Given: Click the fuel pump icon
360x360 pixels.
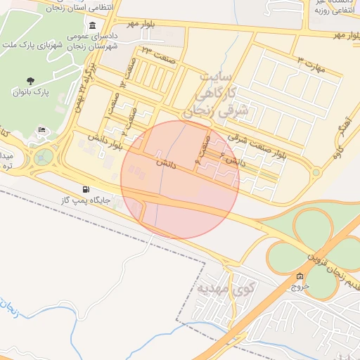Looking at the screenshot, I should coord(86,189).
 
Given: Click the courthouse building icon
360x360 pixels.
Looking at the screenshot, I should coord(93,25).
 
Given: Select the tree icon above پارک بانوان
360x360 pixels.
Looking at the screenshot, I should coord(30,81).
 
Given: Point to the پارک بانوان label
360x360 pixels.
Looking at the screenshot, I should coord(30,92).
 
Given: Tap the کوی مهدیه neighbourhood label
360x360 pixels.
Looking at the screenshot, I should coord(225,288).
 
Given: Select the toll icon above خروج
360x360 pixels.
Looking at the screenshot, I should coord(300,276).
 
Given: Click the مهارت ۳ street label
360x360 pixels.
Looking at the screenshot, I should coord(312,63).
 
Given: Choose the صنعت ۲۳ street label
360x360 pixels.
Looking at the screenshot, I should coord(156,49).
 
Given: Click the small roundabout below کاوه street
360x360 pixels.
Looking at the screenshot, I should coord(316,172).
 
